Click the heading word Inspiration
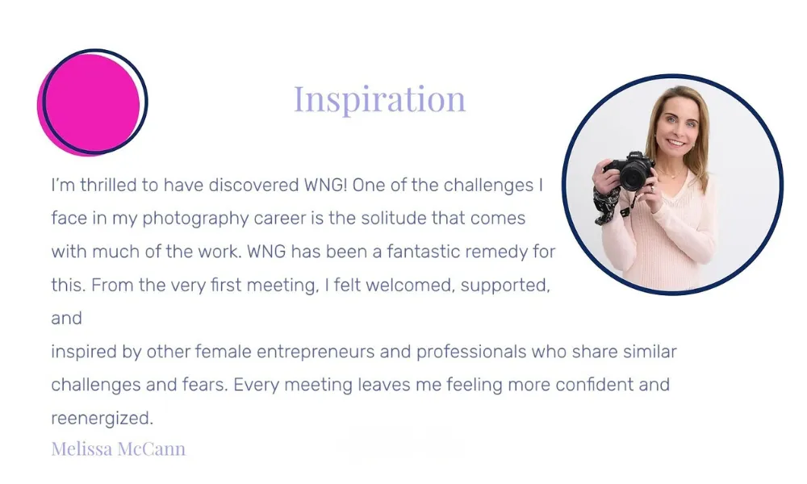[x=380, y=98]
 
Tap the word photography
[x=195, y=219]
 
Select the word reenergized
[x=102, y=419]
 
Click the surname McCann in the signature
[x=152, y=449]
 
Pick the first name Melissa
[x=82, y=449]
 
